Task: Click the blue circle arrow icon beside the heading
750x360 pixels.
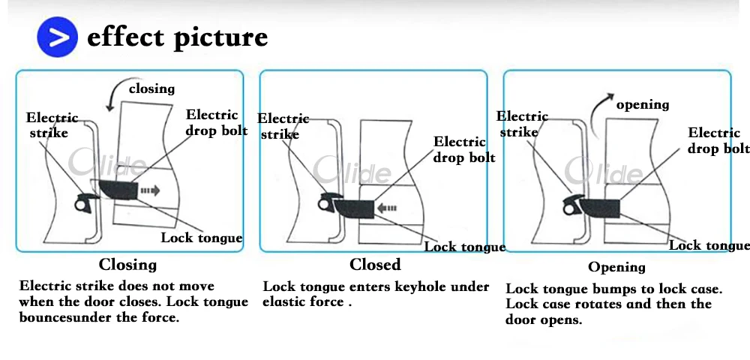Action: [58, 37]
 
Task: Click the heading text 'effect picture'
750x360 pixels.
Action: [177, 37]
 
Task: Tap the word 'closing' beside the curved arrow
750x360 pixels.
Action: [151, 88]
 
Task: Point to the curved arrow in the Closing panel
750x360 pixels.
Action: [113, 94]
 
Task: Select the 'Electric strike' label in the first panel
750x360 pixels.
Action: [52, 125]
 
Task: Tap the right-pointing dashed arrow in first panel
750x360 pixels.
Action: [150, 191]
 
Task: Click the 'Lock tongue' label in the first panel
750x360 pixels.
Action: [202, 238]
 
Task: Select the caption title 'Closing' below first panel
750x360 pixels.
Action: [127, 265]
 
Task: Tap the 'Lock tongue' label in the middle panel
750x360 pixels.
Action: [465, 247]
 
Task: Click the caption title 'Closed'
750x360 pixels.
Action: [375, 265]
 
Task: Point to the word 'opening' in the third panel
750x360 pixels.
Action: [643, 104]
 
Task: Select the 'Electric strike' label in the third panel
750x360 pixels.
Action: [522, 124]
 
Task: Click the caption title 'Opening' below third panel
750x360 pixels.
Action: [616, 267]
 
